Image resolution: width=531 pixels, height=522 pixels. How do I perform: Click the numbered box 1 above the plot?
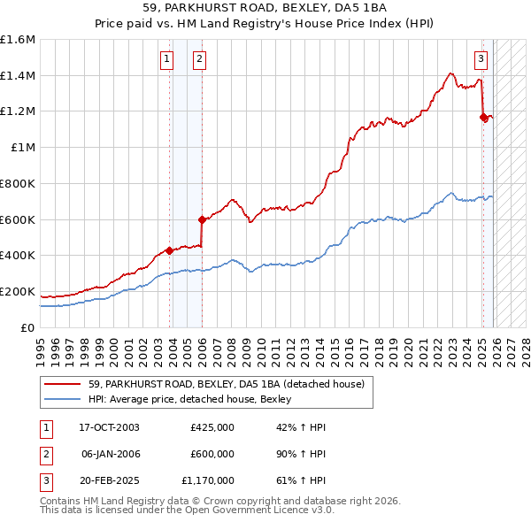tap(166, 59)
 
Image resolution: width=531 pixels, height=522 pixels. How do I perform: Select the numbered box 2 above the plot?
tap(199, 59)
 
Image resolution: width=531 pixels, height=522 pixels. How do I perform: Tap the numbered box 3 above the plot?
tap(481, 59)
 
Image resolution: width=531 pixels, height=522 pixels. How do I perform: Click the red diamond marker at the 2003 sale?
tap(169, 250)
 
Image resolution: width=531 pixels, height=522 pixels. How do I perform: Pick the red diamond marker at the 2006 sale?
tap(202, 219)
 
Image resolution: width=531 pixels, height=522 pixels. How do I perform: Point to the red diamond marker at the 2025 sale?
tap(483, 116)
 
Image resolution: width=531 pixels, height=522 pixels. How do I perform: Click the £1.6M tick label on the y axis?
tap(18, 40)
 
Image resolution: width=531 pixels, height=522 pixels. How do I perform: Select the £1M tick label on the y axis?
tap(23, 148)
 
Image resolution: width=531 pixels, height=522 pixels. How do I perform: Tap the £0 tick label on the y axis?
tap(28, 327)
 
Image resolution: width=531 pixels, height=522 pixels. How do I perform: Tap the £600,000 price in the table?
tap(212, 454)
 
